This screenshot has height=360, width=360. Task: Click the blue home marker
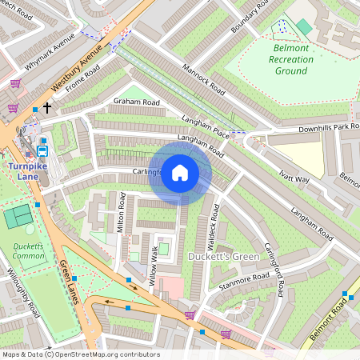click(180, 173)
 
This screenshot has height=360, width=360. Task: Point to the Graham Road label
click(136, 102)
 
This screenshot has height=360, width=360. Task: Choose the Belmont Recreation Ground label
click(293, 59)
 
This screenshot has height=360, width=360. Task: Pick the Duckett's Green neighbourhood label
click(222, 256)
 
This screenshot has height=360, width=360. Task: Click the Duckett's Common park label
click(29, 251)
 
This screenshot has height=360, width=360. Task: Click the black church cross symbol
click(47, 107)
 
